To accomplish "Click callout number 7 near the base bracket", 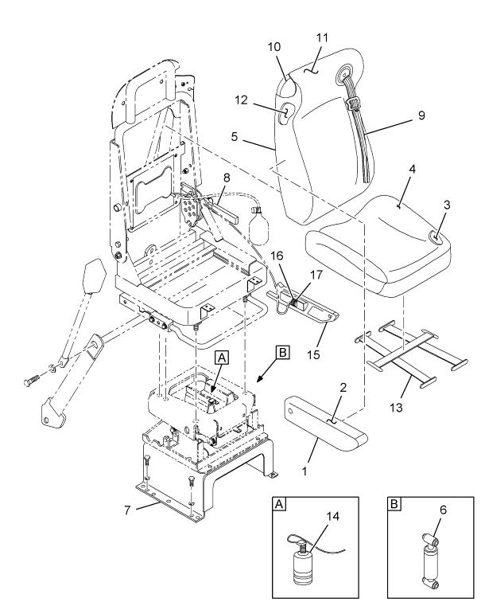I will click(x=120, y=507).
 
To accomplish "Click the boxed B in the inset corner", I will click(x=393, y=504).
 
